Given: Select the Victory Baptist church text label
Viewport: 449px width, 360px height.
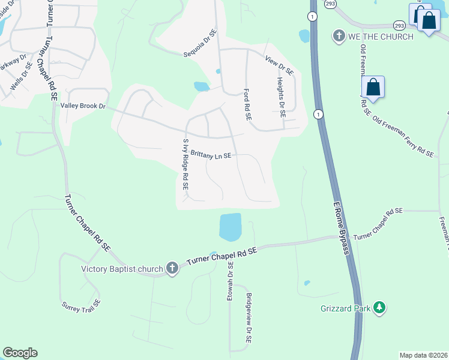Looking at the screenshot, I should (x=122, y=268).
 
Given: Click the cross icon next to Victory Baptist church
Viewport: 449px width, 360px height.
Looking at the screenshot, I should (x=172, y=268).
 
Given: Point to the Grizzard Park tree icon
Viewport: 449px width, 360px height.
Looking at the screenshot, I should (x=379, y=308).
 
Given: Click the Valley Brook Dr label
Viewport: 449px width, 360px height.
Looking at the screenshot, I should (x=83, y=106).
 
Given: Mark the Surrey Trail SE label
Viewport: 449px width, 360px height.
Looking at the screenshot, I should (x=79, y=305).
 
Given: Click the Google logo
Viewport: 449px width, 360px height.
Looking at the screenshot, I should (x=20, y=353).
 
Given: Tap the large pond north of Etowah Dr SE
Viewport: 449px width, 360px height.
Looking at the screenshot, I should (x=231, y=227).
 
